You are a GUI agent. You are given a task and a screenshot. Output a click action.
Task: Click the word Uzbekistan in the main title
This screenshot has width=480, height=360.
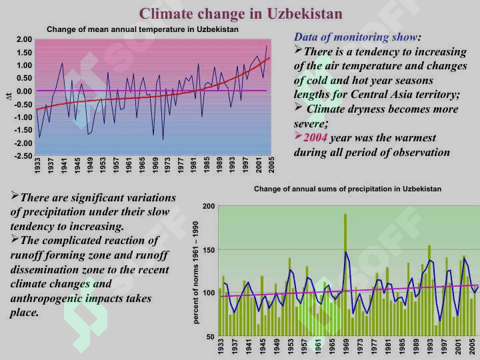tap(304, 13)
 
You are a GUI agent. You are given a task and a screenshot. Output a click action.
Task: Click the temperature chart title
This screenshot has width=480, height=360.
tap(143, 29)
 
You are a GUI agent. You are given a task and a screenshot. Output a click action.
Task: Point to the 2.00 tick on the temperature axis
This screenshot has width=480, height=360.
tap(24, 39)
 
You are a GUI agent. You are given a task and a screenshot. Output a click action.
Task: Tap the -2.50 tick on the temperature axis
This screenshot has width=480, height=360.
tap(23, 156)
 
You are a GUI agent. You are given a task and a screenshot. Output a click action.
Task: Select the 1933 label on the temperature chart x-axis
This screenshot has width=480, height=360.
tap(37, 165)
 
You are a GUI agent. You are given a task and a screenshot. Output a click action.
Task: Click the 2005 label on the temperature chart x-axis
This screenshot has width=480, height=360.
tap(271, 165)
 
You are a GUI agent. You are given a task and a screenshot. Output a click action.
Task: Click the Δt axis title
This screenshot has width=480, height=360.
tap(9, 97)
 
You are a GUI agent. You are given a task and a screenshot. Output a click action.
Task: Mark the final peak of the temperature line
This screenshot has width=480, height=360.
tap(267, 46)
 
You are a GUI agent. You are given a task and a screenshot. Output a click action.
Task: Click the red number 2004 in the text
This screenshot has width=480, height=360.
tap(315, 138)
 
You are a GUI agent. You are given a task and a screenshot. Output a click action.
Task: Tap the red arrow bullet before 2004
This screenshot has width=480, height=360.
tap(298, 135)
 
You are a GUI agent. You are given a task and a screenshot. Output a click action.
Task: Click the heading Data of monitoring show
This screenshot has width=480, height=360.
tap(355, 37)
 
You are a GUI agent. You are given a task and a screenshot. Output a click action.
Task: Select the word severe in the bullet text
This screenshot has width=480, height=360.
tap(309, 124)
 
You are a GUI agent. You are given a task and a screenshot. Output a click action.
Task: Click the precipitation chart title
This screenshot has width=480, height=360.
tap(347, 189)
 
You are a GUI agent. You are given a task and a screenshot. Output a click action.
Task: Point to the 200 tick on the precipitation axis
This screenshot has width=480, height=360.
tap(209, 206)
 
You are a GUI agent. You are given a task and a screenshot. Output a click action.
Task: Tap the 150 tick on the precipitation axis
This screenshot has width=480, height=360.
tap(209, 250)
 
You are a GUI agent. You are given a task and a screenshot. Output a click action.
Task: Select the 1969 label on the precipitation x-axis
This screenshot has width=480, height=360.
tap(346, 346)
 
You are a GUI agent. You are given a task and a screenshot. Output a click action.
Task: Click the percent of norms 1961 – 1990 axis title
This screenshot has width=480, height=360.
tap(195, 273)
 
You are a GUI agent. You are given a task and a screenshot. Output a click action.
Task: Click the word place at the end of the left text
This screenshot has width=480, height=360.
tap(24, 313)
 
